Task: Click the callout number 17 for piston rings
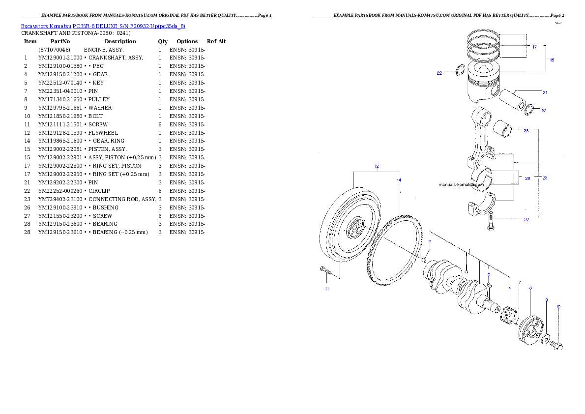(x=534, y=47)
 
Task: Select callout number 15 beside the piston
(x=552, y=60)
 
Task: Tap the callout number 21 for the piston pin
(x=545, y=92)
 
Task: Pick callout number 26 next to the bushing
(x=526, y=131)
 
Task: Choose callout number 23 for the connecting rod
(x=545, y=178)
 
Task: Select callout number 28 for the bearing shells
(x=527, y=178)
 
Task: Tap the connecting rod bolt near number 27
(x=491, y=219)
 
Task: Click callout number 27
(x=526, y=220)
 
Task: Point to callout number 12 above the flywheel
(x=377, y=166)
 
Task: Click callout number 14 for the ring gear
(x=399, y=180)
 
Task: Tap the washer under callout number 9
(x=546, y=338)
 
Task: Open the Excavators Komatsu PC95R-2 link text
(x=103, y=26)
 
